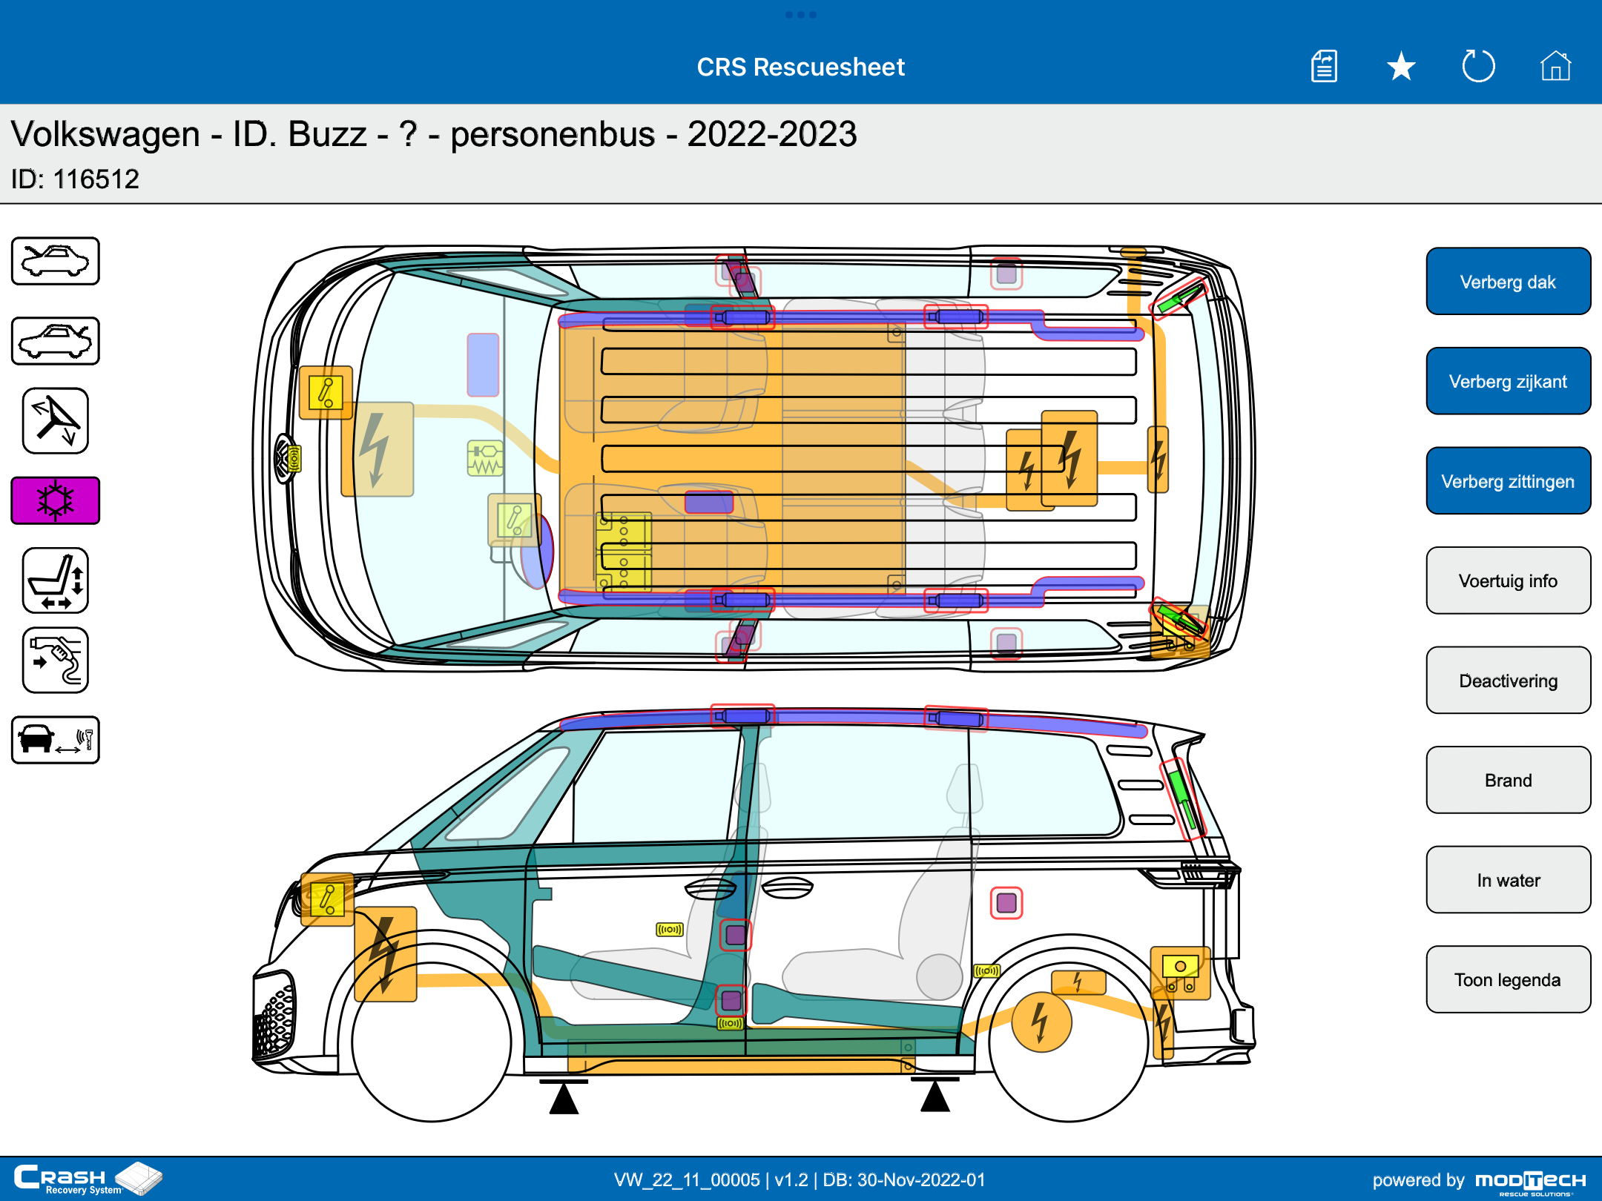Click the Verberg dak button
click(x=1508, y=282)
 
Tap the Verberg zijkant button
click(x=1508, y=381)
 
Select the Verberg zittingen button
click(x=1508, y=481)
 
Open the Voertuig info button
click(x=1508, y=580)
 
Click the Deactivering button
click(x=1508, y=681)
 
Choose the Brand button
click(x=1508, y=780)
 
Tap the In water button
click(x=1508, y=880)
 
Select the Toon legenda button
click(x=1508, y=979)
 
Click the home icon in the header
click(x=1555, y=66)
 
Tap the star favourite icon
click(x=1401, y=67)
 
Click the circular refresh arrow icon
click(x=1478, y=66)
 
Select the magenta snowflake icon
click(x=56, y=500)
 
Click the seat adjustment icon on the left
click(x=56, y=580)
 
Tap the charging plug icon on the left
click(x=56, y=661)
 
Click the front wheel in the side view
click(x=432, y=1042)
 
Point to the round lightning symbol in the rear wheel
click(x=1041, y=1022)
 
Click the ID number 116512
click(x=96, y=179)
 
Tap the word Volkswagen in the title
click(x=105, y=135)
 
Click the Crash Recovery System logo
click(x=88, y=1179)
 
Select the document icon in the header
click(x=1324, y=66)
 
